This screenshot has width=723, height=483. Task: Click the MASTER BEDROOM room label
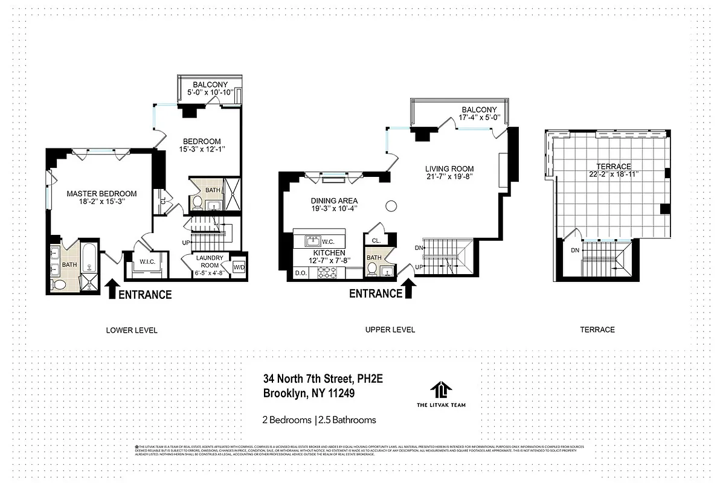(x=101, y=194)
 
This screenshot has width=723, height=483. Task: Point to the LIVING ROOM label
(x=449, y=168)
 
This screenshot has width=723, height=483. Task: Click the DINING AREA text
(x=334, y=200)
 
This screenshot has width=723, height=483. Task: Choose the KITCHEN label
(x=329, y=252)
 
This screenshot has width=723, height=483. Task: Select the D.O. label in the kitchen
(x=300, y=273)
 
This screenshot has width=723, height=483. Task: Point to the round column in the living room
(x=391, y=206)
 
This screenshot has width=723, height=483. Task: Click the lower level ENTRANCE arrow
(x=112, y=289)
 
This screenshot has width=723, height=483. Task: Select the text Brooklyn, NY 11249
(x=309, y=393)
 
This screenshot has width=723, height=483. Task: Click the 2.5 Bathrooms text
(x=347, y=420)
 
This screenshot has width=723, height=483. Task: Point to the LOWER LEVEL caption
(x=132, y=330)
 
